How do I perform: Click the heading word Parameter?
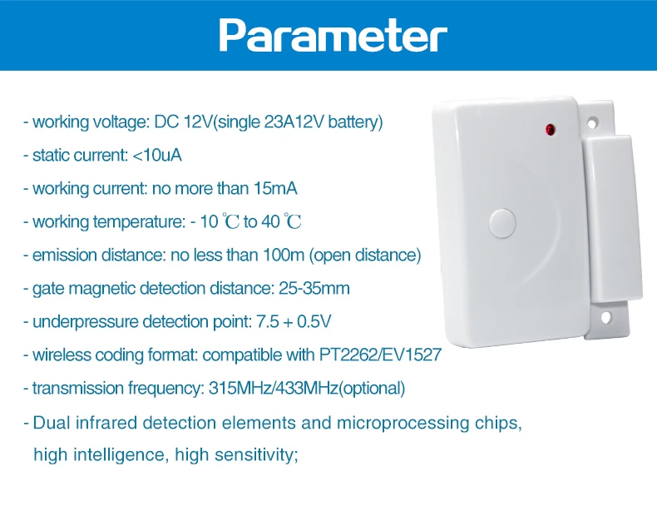point(333,35)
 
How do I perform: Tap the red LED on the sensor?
point(551,129)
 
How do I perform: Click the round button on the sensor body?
point(503,222)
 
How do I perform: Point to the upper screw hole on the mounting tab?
point(595,123)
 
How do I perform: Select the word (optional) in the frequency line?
point(374,389)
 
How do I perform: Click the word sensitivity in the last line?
point(252,455)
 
